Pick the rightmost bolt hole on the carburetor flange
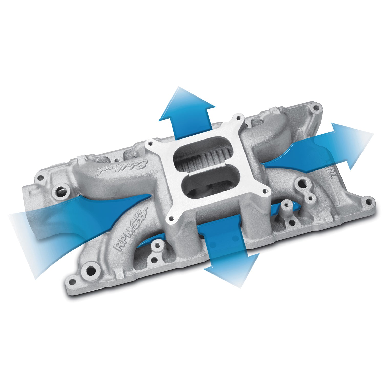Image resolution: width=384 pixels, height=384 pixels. (x=265, y=191)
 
